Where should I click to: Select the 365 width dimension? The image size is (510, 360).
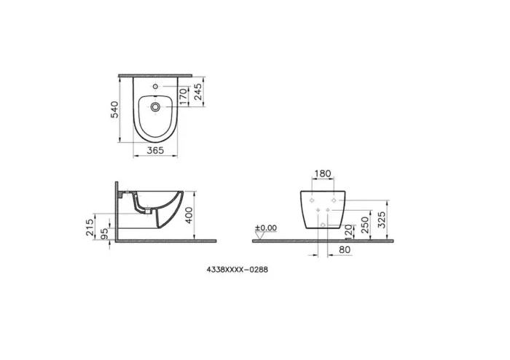tap(153, 150)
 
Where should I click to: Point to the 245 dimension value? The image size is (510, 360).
tap(197, 90)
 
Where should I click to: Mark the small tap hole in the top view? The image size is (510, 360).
tap(154, 88)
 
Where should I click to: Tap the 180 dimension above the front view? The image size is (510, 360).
tap(322, 175)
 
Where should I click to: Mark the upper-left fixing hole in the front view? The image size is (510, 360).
tap(311, 199)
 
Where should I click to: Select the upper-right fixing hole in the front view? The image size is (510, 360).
tap(333, 199)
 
